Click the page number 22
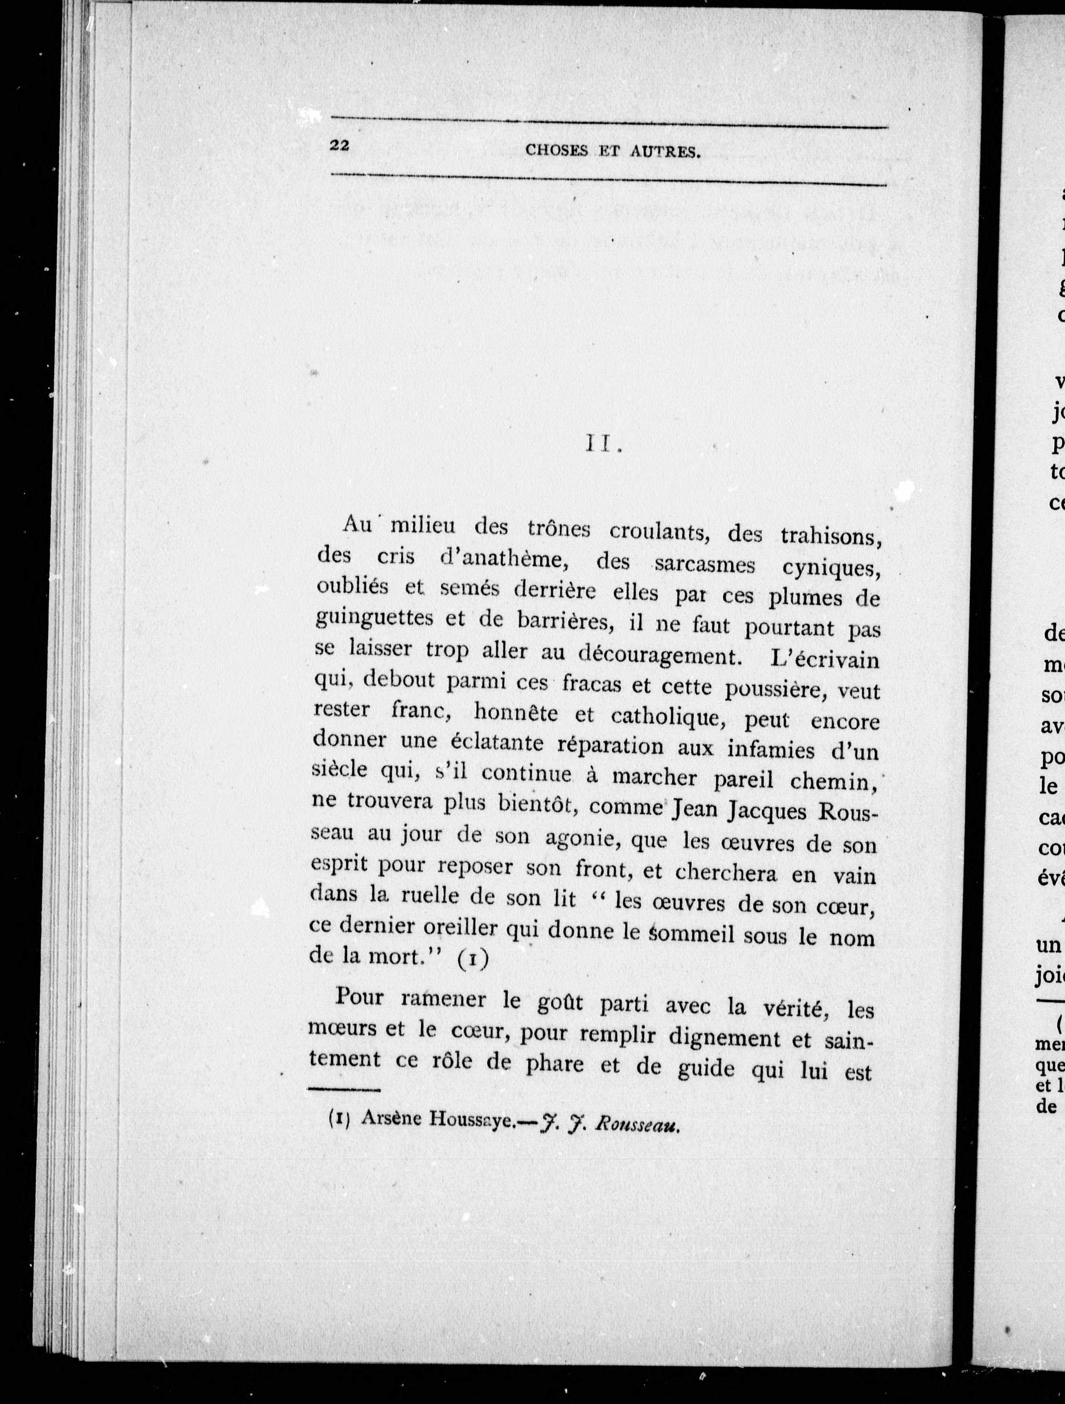click(x=340, y=145)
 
